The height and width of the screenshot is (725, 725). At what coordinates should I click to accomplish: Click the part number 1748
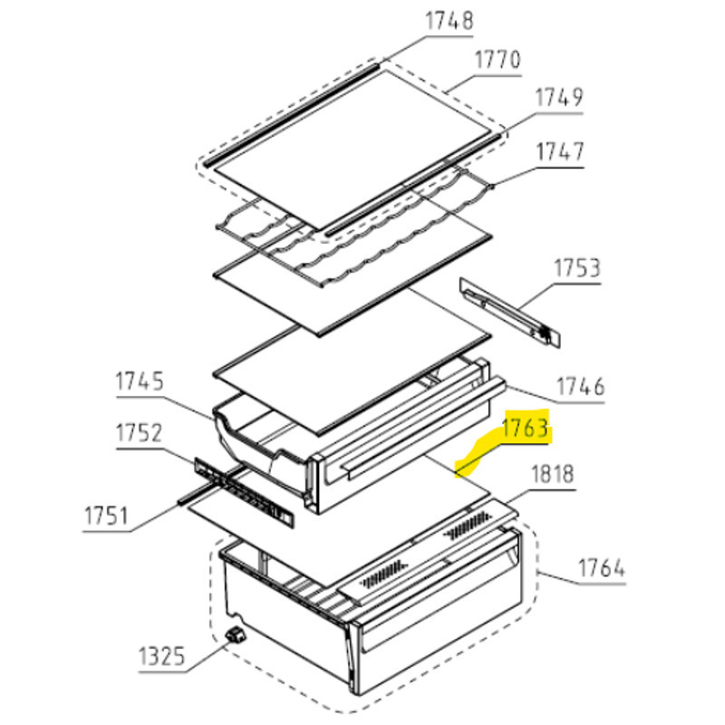click(x=449, y=21)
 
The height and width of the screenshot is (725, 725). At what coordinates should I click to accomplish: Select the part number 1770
click(x=498, y=60)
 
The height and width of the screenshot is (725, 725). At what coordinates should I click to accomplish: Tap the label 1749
click(x=559, y=98)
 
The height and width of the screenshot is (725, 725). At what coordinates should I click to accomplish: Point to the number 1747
click(x=560, y=151)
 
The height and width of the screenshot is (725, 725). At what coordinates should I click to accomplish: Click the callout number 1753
click(x=577, y=268)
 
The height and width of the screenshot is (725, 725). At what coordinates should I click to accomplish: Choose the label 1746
click(x=580, y=387)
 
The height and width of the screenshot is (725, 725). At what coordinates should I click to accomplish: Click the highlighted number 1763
click(x=526, y=428)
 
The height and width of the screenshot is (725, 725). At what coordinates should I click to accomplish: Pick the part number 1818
click(x=553, y=474)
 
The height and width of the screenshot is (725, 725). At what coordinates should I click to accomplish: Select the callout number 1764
click(x=602, y=568)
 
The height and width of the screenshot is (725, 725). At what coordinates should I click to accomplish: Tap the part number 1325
click(x=162, y=656)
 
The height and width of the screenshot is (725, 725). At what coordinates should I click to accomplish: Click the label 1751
click(x=106, y=517)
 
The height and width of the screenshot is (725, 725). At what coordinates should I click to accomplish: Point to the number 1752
click(x=139, y=433)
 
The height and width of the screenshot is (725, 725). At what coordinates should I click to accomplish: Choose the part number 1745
click(x=140, y=382)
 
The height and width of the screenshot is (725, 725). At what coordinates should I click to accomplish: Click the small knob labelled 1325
click(x=236, y=635)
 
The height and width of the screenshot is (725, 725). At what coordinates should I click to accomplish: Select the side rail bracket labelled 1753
click(x=510, y=311)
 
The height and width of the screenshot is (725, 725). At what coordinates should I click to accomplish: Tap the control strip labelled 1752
click(x=244, y=492)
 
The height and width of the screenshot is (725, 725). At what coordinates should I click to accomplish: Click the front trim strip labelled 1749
click(x=413, y=186)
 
